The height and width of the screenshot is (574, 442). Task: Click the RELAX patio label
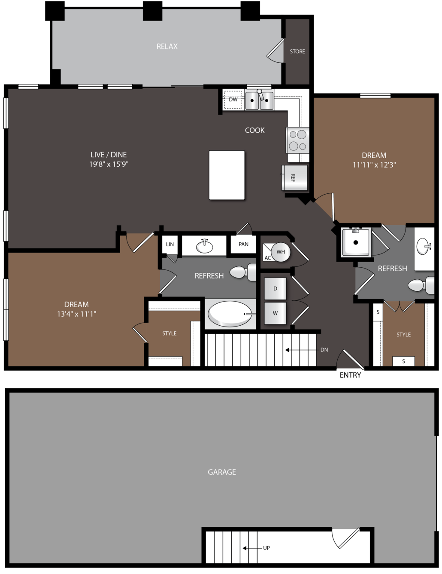point(167,46)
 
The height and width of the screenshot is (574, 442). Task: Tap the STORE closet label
point(297,52)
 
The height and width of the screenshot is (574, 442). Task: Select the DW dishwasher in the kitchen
point(233,100)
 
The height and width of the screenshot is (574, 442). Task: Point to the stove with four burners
point(298,140)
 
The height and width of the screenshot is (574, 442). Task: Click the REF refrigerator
point(294,177)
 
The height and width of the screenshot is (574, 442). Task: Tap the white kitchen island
point(227,175)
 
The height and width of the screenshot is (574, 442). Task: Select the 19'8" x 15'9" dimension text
point(109,164)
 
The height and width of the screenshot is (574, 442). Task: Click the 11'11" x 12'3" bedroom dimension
point(374,165)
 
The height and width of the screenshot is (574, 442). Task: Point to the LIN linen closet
point(170,244)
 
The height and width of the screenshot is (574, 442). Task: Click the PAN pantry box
point(243,244)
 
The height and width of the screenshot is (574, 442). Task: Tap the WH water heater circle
point(281,252)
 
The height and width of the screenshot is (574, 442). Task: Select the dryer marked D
point(275,288)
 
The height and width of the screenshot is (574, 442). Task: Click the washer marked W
point(275,313)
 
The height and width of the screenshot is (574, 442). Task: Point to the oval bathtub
point(230,314)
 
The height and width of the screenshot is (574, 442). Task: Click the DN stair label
point(324,350)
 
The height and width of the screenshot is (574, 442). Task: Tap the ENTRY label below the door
point(350,375)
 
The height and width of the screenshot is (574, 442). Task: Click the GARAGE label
point(222,472)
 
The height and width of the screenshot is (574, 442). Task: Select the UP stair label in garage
point(266,548)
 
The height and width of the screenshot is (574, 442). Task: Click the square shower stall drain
point(356,242)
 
